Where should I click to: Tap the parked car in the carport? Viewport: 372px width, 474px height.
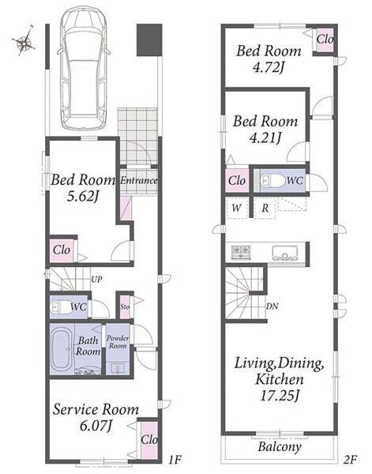(x=83, y=68)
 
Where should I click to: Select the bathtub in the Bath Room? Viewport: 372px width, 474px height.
(x=62, y=349)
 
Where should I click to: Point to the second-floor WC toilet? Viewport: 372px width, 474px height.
(x=272, y=181)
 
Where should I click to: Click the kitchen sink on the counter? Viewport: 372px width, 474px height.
(x=284, y=253)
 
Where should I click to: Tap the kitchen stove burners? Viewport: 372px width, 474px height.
(x=241, y=252)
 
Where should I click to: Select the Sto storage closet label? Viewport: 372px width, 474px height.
(x=125, y=307)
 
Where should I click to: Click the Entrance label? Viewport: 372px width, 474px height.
(x=139, y=181)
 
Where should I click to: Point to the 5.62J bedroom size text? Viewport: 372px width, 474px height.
(x=83, y=197)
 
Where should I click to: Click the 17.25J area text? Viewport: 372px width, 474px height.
(x=280, y=395)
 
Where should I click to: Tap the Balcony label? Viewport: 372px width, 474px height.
(x=280, y=446)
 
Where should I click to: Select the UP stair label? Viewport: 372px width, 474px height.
(x=96, y=280)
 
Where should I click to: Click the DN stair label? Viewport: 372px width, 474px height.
(x=272, y=307)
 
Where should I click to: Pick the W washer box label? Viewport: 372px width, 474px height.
(x=237, y=208)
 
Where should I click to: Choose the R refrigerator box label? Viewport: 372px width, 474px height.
(x=265, y=208)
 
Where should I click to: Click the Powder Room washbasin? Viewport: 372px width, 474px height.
(x=117, y=368)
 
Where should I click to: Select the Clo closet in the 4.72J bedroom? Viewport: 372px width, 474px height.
(x=325, y=39)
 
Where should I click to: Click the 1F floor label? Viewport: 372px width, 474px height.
(x=175, y=460)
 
